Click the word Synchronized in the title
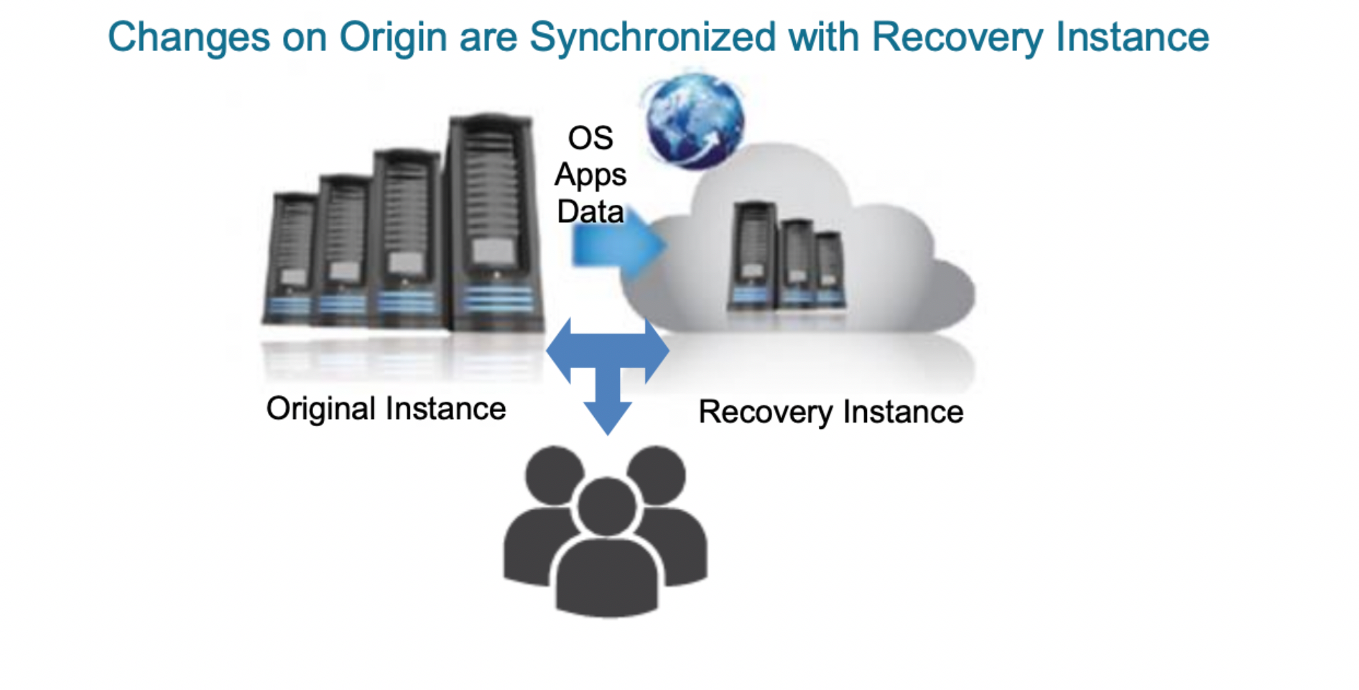click(x=652, y=37)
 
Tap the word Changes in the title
click(x=188, y=37)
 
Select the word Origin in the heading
click(x=393, y=37)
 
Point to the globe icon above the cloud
click(x=694, y=121)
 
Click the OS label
click(x=590, y=138)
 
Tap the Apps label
click(x=590, y=175)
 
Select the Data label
click(x=590, y=212)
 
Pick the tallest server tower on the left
click(x=493, y=223)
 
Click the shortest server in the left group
click(x=292, y=259)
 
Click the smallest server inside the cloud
click(x=829, y=271)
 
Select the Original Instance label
click(x=386, y=409)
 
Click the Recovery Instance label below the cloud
click(x=830, y=413)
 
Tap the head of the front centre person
click(x=607, y=506)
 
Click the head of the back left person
click(x=554, y=474)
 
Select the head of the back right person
click(x=657, y=474)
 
